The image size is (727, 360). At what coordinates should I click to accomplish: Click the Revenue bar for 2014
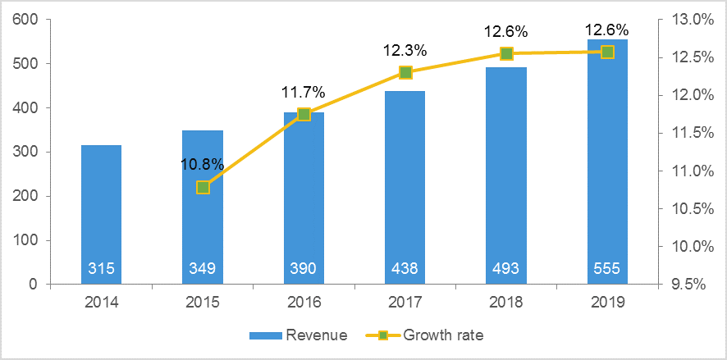click(x=102, y=213)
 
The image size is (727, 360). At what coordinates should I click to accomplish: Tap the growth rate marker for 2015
click(x=203, y=187)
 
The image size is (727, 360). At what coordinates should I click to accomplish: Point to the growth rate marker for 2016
click(x=304, y=115)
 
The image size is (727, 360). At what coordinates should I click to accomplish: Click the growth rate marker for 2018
click(x=506, y=53)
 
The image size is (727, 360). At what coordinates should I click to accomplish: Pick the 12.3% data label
click(x=405, y=50)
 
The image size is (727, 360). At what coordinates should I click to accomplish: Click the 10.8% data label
click(x=203, y=164)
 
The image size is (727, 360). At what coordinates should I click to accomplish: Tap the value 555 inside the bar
click(x=607, y=268)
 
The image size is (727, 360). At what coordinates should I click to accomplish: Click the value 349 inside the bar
click(x=203, y=268)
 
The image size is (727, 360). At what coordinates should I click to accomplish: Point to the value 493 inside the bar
click(x=506, y=268)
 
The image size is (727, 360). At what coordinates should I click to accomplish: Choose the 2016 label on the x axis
click(x=304, y=303)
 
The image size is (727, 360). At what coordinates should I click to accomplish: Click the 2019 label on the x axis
click(x=607, y=303)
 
